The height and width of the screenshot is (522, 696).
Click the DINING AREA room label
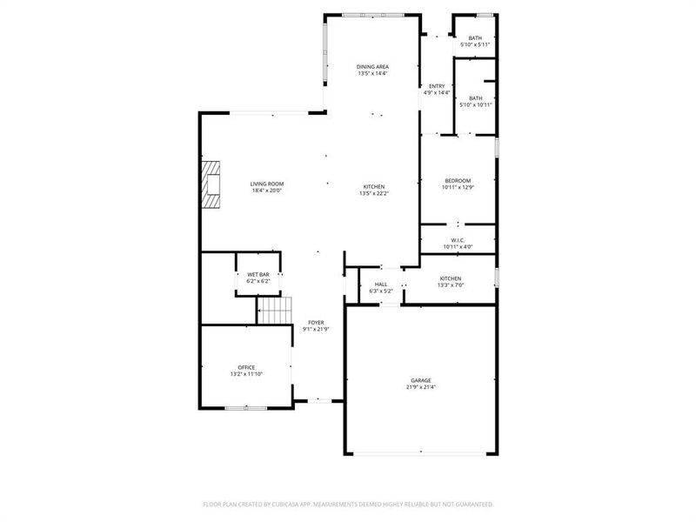coord(372,67)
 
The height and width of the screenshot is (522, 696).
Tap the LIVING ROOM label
coord(267,184)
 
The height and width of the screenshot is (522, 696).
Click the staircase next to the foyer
coord(274,308)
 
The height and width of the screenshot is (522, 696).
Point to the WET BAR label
coord(258,275)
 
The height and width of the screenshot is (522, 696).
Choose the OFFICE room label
coord(246,367)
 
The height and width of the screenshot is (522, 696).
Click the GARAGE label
coord(421,380)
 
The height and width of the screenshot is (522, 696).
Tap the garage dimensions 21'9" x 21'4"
coord(421,387)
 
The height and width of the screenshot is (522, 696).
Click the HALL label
coord(381,284)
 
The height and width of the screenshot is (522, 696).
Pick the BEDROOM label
coord(458,180)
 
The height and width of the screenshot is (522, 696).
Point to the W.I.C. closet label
coord(458,240)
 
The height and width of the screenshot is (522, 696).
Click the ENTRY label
coord(437,86)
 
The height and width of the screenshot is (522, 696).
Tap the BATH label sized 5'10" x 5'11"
coord(475,37)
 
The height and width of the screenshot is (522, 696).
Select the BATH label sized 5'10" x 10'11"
coord(476,97)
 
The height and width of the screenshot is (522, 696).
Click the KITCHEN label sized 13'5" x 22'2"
coord(374,186)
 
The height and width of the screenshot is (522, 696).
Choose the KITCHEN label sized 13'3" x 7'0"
coord(451,278)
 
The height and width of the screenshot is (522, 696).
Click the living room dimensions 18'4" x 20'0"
coord(267,191)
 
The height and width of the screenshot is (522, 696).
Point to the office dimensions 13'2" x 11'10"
coord(246,374)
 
